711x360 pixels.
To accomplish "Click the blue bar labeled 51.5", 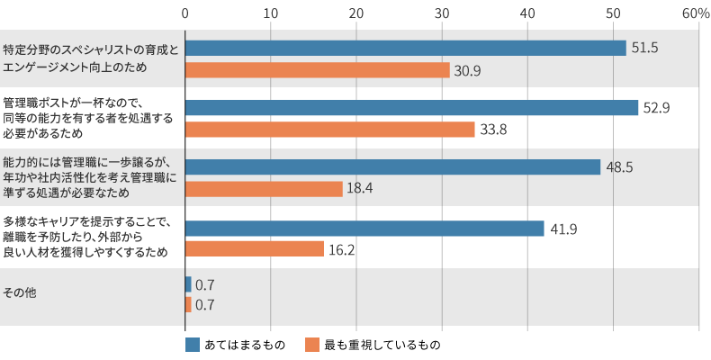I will click(405, 49).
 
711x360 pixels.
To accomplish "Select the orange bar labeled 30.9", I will click(317, 70).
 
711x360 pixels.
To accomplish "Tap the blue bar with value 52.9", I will click(411, 108).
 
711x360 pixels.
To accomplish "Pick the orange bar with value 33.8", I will click(329, 130).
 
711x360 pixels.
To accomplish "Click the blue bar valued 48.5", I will click(392, 167).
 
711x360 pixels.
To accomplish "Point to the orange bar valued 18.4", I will click(264, 189).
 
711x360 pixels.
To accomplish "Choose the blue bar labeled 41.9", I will click(364, 229).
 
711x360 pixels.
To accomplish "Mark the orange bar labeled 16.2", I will click(254, 249).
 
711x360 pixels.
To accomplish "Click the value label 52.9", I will click(656, 108).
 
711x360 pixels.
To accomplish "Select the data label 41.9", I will click(562, 229).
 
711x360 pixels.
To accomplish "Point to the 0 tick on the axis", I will click(184, 13).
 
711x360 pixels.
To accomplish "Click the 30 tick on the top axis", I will click(442, 13).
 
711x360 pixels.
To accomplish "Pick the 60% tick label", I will click(696, 13).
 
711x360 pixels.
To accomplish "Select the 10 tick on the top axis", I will click(271, 13).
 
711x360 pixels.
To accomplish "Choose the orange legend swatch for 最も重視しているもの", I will click(312, 345).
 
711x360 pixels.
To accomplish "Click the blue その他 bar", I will click(188, 284).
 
